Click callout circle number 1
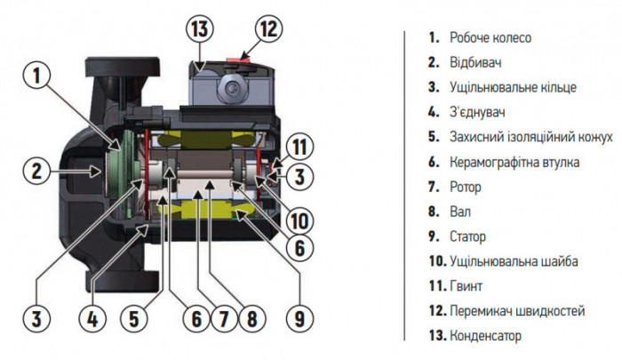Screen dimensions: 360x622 click(x=36, y=76)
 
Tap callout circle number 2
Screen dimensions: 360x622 click(x=36, y=170)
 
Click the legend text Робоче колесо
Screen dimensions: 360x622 click(x=490, y=38)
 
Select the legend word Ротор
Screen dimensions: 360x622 click(x=466, y=188)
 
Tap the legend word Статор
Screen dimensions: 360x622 click(x=469, y=237)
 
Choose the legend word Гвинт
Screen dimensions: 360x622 click(x=466, y=286)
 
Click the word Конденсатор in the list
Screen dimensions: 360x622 click(x=486, y=336)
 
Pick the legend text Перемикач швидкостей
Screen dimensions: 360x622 click(x=518, y=311)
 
